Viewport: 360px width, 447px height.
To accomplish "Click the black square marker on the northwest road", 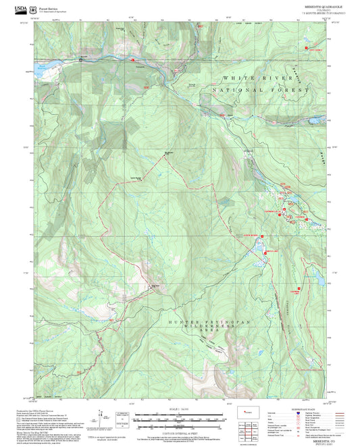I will point(82,60).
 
